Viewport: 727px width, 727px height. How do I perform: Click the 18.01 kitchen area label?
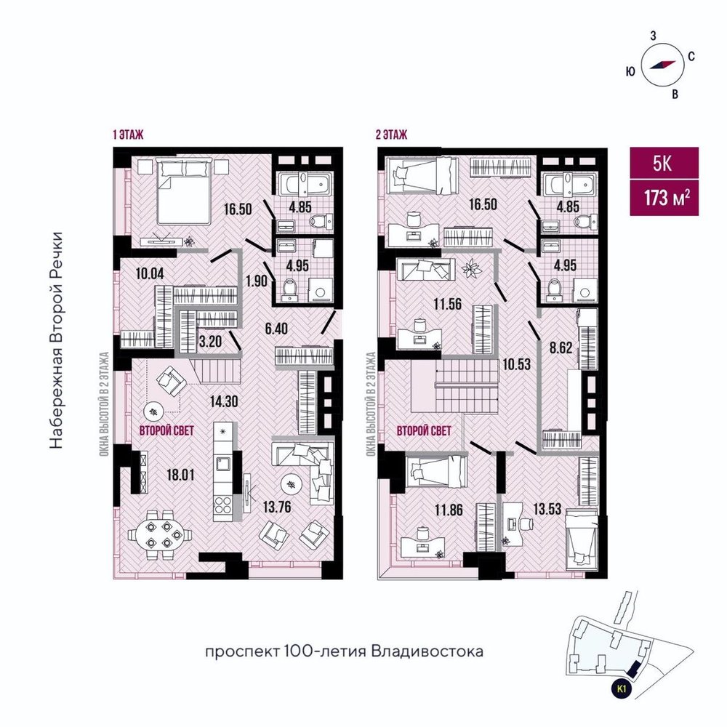180,475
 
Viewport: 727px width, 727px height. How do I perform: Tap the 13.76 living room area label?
277,507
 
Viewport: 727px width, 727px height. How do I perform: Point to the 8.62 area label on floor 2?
561,348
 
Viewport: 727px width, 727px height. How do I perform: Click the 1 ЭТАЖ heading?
128,134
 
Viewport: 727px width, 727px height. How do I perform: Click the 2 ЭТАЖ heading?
391,134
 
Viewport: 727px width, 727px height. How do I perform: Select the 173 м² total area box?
664,198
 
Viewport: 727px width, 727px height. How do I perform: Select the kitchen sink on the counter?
222,463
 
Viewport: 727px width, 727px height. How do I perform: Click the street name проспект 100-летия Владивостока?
344,651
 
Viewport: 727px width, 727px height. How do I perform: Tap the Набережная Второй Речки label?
56,340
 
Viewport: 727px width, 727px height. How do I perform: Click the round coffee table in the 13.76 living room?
292,485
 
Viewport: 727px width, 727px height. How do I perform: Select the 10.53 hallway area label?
516,364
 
